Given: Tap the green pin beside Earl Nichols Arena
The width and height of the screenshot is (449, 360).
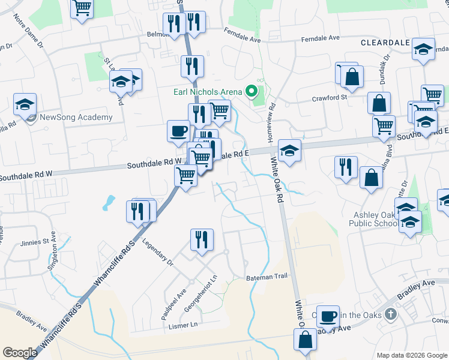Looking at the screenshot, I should (252, 92).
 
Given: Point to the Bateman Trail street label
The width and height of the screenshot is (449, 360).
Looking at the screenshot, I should (267, 277).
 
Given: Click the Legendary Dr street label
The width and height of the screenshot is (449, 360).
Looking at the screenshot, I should (158, 253).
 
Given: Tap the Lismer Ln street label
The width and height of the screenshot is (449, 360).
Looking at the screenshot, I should (182, 325).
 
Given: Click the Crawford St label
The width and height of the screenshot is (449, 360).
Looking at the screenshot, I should (330, 97).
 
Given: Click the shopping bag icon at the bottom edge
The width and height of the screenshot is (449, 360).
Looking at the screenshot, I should (306, 340).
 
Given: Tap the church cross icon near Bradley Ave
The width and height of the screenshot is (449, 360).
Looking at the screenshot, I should (391, 314).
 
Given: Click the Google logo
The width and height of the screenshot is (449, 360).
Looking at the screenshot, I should (20, 352).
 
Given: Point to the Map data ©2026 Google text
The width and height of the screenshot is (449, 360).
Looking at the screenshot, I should (411, 355).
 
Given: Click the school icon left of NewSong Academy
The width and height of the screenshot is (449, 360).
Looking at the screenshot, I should (25, 104).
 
